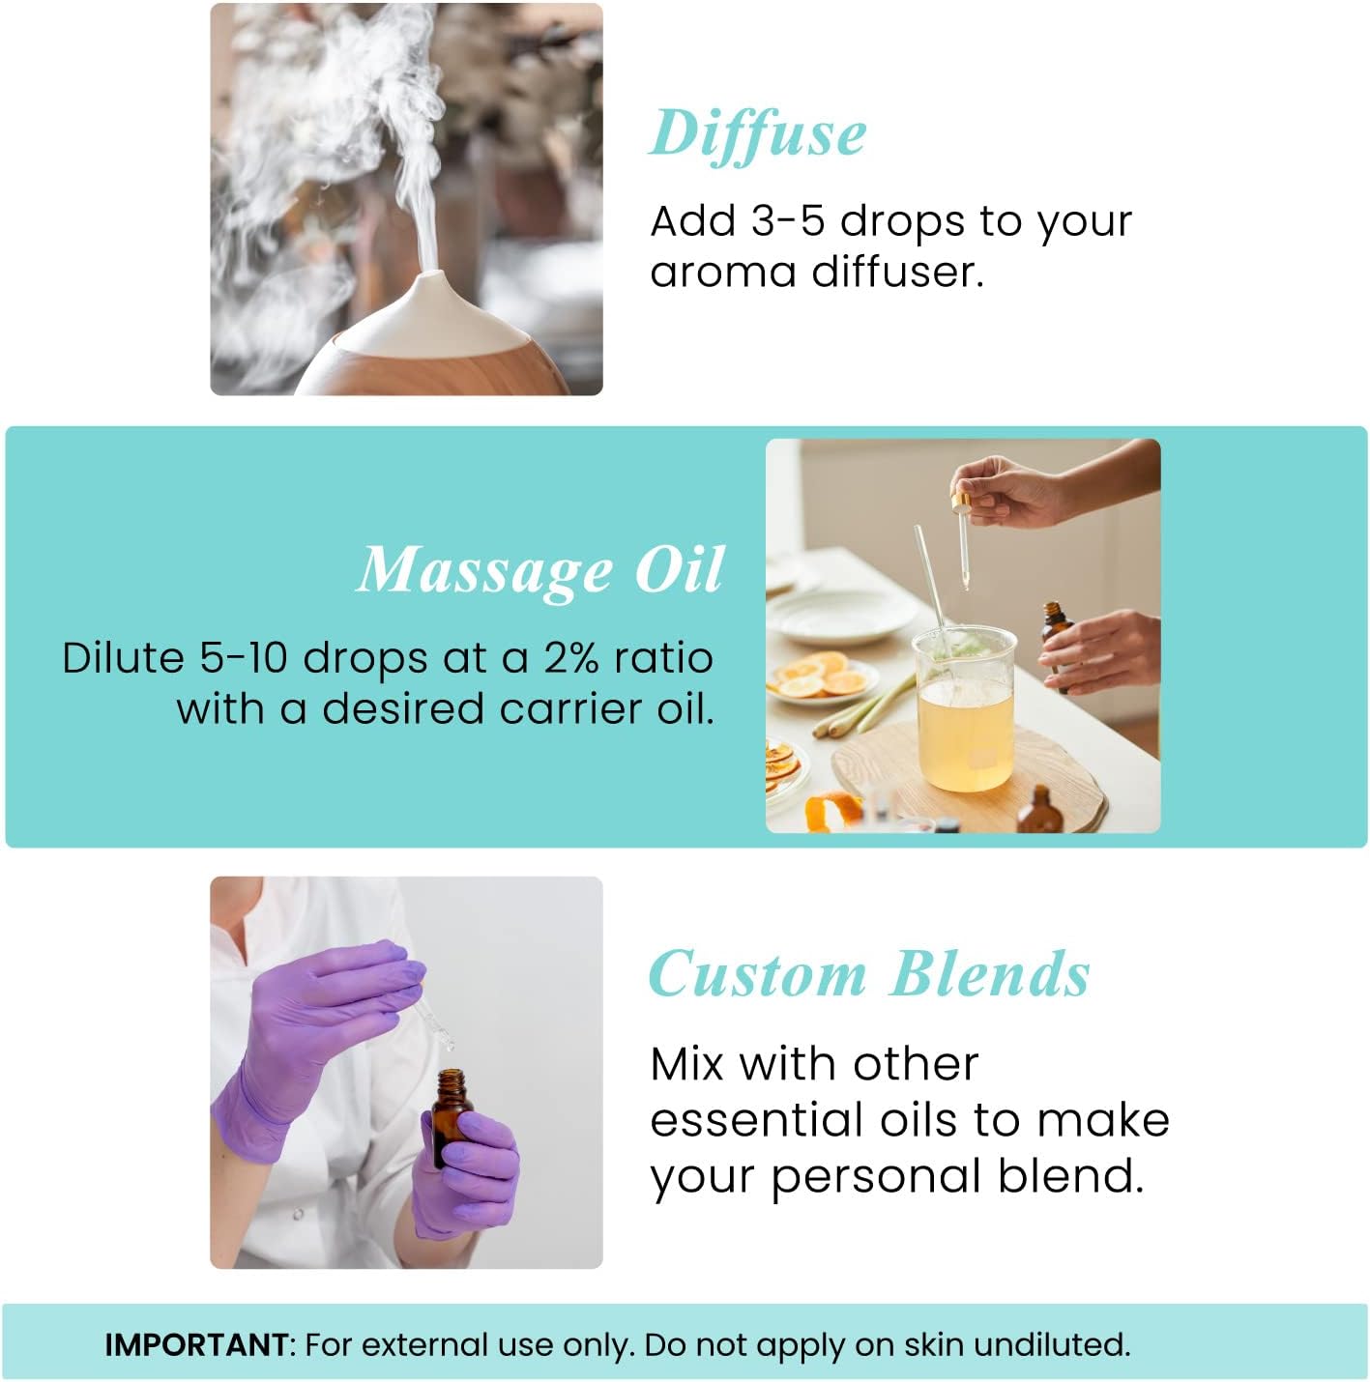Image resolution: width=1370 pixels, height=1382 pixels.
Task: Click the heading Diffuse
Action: (x=757, y=133)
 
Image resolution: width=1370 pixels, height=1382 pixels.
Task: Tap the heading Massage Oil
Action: (x=539, y=570)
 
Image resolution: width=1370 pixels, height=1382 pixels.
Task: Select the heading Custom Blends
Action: (x=868, y=973)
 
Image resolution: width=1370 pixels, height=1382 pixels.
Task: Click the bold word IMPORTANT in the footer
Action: (x=196, y=1344)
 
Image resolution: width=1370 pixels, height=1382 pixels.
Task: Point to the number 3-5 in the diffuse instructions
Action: (x=786, y=221)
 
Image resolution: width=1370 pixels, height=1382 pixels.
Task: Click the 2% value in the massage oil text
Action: (x=573, y=658)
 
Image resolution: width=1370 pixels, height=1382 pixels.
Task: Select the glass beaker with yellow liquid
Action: (x=965, y=710)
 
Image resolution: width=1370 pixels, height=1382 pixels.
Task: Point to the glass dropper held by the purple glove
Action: (x=432, y=1015)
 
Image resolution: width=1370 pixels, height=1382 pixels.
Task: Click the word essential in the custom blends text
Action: (x=757, y=1120)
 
